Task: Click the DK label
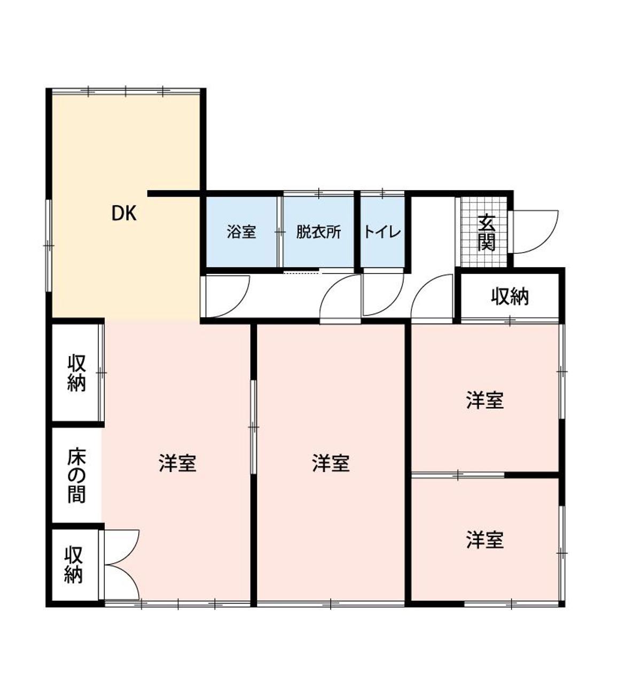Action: [124, 214]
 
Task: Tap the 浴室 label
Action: [241, 232]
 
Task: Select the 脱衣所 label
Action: [318, 232]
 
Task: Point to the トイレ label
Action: [382, 232]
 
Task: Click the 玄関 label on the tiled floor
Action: [487, 232]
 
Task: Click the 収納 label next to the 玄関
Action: [510, 296]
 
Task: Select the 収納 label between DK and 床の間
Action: [76, 373]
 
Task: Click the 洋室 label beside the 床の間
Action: [177, 463]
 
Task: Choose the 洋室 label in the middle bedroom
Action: [331, 463]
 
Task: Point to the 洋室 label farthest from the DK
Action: [484, 540]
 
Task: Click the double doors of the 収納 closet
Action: [122, 565]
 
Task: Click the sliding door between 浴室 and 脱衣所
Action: [280, 232]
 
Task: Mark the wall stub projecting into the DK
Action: [174, 194]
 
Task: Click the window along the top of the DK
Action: [126, 91]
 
